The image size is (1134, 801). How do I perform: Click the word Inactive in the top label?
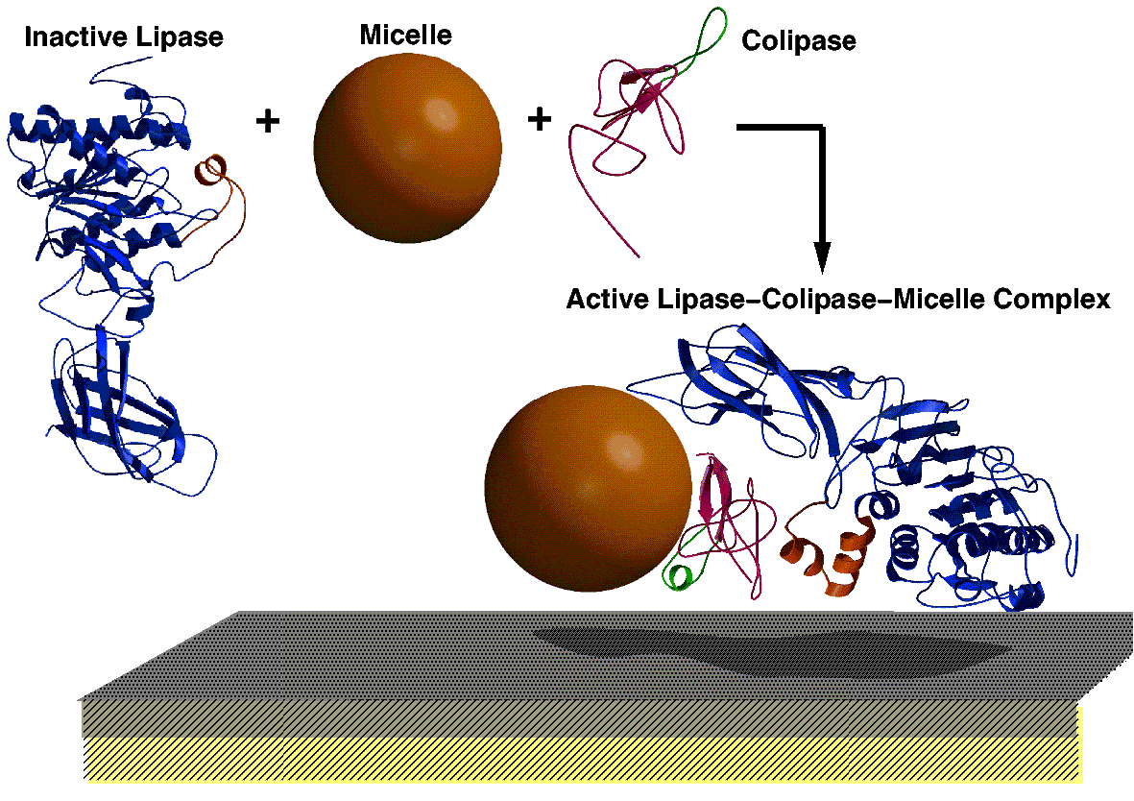68,38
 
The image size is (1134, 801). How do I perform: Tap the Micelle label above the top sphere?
405,36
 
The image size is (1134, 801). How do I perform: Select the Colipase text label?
799,42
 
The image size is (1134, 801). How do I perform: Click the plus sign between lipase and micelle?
268,121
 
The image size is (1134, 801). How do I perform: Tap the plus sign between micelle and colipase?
540,119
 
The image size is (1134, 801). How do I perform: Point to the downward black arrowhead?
821,257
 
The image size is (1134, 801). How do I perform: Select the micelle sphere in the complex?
588,489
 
